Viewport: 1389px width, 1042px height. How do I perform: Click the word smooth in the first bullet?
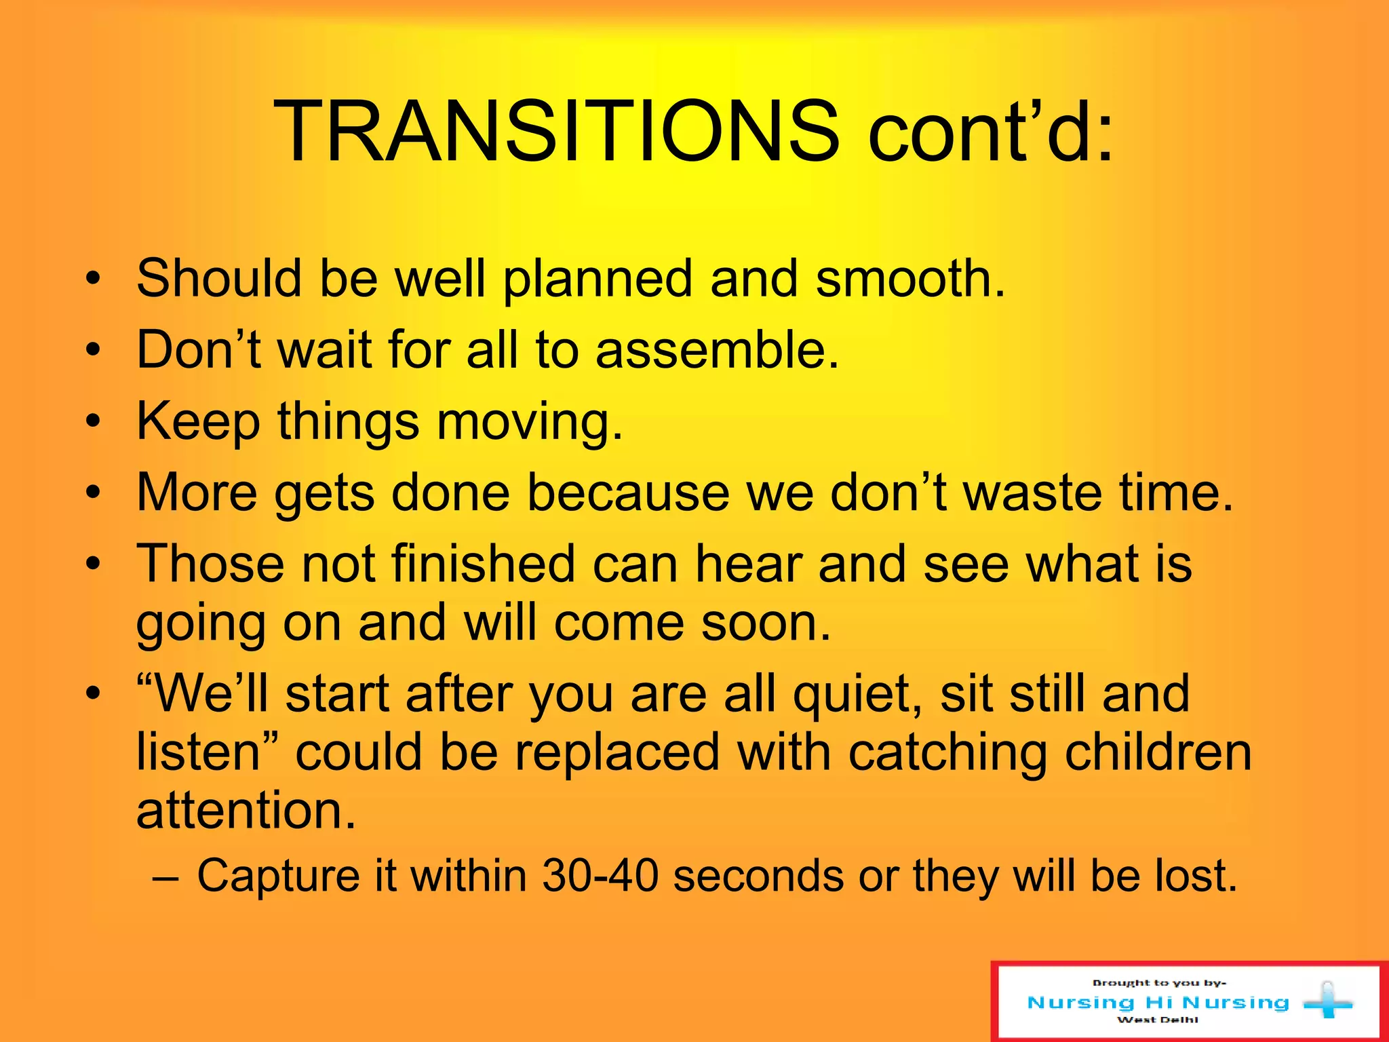click(909, 279)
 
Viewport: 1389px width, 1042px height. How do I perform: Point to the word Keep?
click(198, 422)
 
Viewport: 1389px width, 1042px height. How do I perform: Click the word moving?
click(529, 422)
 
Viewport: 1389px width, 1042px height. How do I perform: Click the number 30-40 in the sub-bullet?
click(600, 876)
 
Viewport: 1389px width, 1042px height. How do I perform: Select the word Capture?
click(278, 876)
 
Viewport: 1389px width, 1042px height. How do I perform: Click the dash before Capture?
click(166, 877)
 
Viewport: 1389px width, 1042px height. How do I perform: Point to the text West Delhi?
click(1158, 1020)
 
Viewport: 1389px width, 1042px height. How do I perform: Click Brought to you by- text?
click(1159, 983)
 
